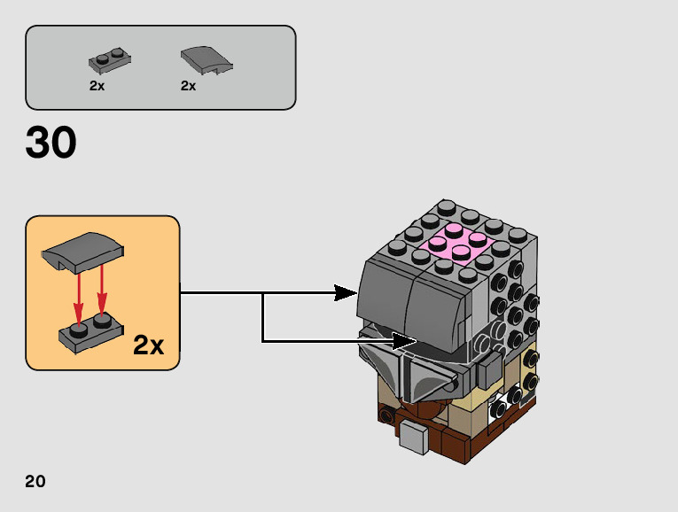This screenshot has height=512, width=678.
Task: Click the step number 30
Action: (51, 143)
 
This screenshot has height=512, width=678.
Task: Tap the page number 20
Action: (35, 482)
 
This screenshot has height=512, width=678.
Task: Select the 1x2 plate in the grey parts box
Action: (110, 61)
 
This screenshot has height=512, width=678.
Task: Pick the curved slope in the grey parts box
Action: (206, 60)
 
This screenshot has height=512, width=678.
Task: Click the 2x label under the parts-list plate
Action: (97, 86)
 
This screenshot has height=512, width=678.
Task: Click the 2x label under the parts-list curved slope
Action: (188, 86)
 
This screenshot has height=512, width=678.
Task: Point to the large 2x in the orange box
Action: (149, 345)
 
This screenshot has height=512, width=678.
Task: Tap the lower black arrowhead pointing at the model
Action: (404, 340)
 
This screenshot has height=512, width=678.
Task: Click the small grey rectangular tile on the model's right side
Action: (487, 370)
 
